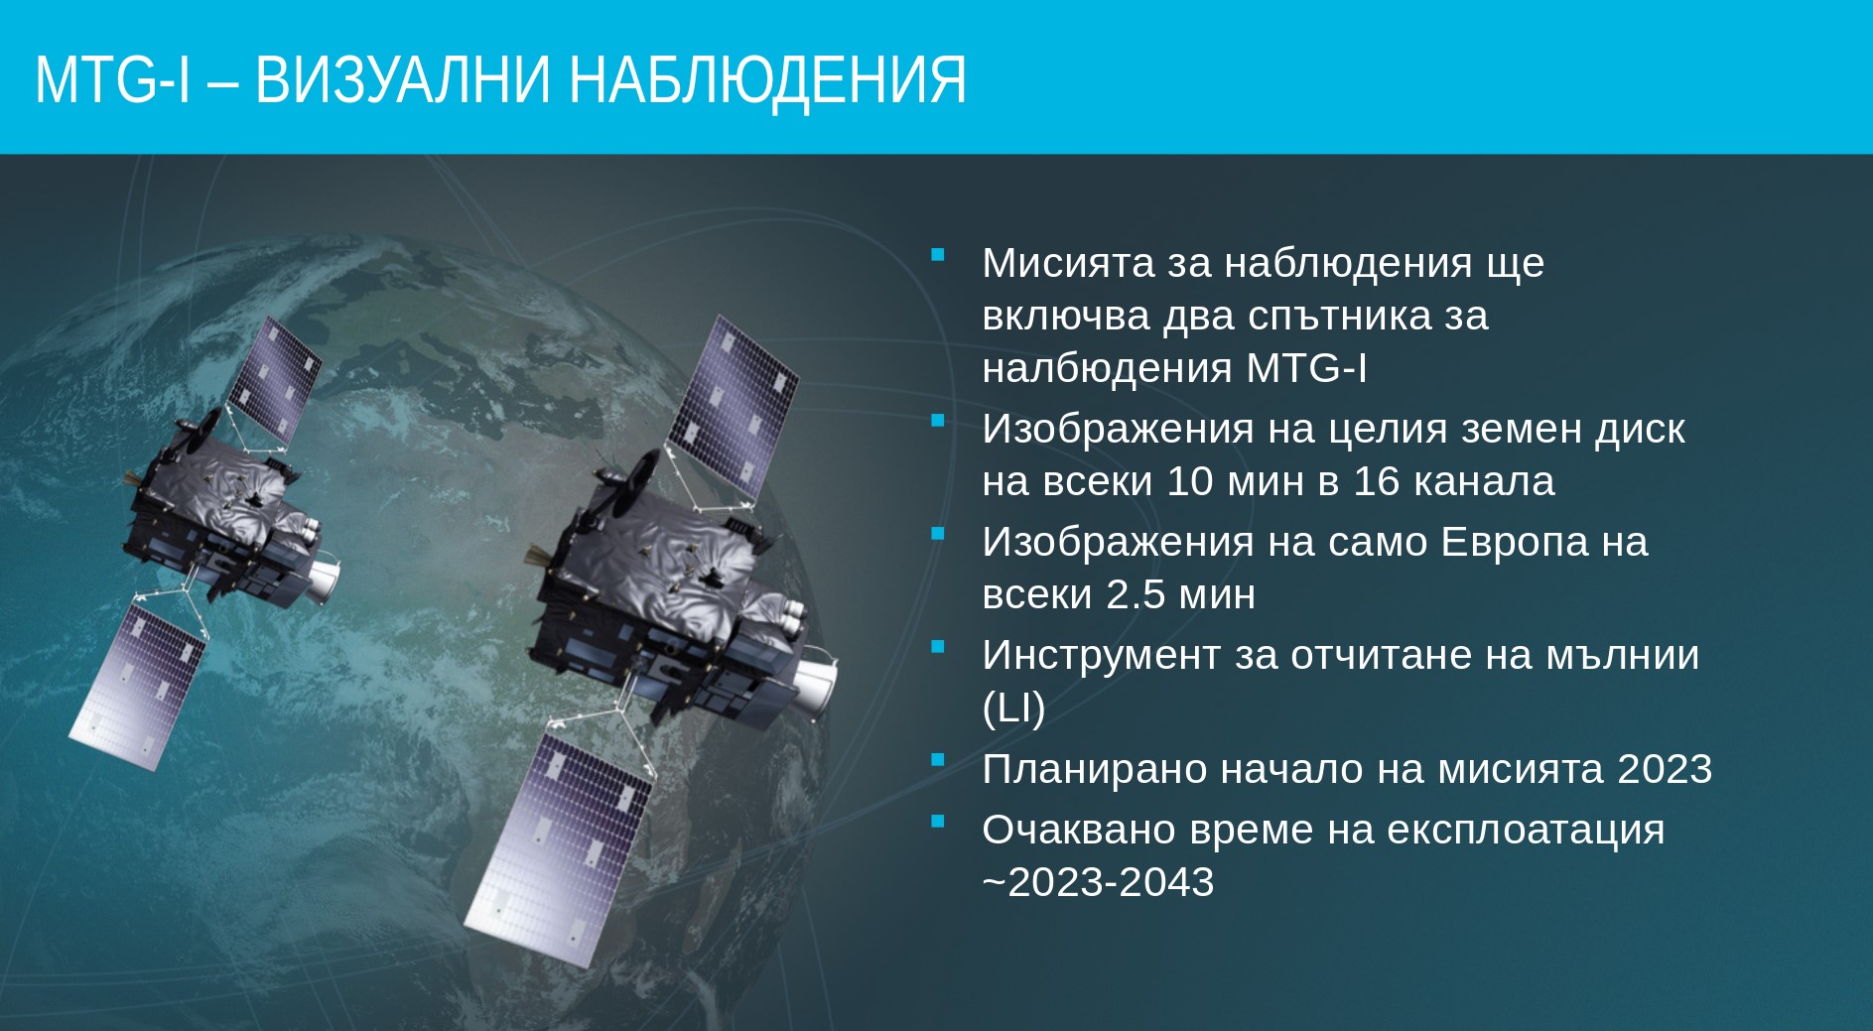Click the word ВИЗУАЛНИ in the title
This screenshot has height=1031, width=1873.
(402, 80)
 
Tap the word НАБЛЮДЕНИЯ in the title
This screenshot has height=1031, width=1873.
(767, 80)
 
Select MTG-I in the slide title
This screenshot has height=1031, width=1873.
(112, 80)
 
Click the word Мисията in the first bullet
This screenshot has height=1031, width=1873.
(1068, 263)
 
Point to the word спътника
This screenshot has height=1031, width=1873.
(1340, 317)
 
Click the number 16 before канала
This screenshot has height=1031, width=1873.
(1377, 481)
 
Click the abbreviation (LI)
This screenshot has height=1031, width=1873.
(1013, 709)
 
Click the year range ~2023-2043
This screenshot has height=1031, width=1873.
(1098, 882)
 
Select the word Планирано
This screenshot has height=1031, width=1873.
(1094, 770)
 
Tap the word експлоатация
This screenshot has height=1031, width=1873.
(1526, 831)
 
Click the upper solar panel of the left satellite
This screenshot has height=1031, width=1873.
(274, 378)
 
